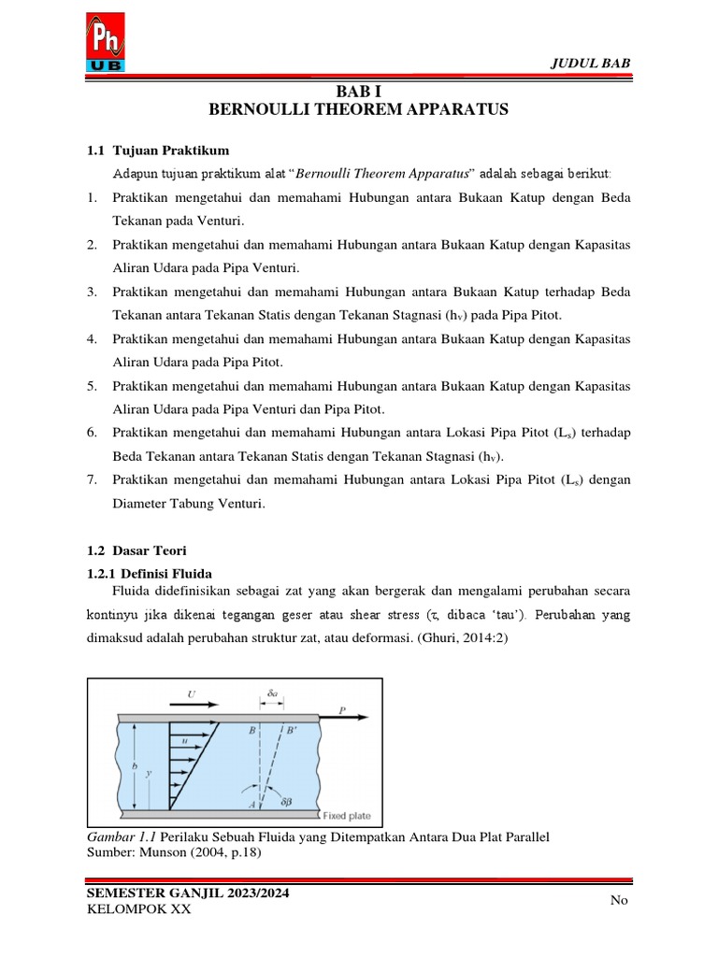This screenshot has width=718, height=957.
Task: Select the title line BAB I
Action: (358, 91)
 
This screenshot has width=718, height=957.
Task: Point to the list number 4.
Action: (92, 338)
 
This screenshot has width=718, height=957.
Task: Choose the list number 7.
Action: (92, 479)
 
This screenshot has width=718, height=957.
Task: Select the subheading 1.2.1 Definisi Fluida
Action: (150, 573)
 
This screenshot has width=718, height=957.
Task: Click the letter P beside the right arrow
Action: (343, 711)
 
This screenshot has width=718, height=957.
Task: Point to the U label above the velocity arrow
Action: (192, 694)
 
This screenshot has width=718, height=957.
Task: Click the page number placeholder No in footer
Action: (618, 900)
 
